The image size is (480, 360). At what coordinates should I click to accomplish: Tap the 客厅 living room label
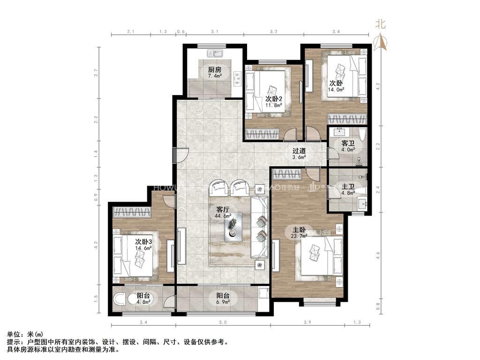[x=223, y=210]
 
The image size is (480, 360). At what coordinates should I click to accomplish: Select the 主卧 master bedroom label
[x=299, y=230]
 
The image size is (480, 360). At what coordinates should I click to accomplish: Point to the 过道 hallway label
[x=299, y=151]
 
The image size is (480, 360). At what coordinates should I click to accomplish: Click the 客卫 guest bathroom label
[x=347, y=143]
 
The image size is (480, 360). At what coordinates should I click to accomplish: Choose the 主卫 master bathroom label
[x=347, y=187]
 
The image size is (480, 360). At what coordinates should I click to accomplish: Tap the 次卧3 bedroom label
[x=143, y=241]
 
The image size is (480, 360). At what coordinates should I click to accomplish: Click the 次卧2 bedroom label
[x=273, y=98]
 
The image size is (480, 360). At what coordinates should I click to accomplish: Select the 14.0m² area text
[x=337, y=89]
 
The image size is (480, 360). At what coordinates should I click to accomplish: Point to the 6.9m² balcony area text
[x=223, y=302]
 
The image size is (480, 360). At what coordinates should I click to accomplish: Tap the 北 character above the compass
[x=381, y=24]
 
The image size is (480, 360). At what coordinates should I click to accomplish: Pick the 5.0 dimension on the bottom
[x=223, y=322]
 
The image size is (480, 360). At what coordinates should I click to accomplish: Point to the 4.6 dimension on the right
[x=378, y=255]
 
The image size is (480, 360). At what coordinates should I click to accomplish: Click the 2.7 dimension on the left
[x=96, y=73]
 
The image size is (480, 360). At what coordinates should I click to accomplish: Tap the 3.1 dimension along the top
[x=215, y=31]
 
